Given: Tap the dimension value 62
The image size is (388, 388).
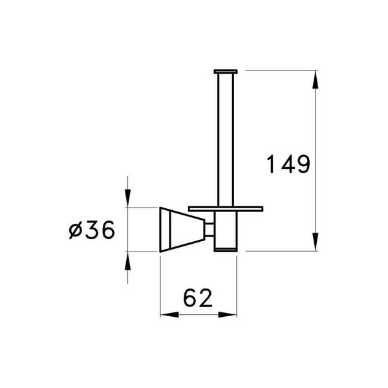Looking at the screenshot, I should click(x=197, y=299).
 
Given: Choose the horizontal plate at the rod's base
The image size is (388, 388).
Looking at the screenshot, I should click(x=226, y=208).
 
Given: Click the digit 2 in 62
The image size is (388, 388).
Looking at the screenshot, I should click(x=206, y=299).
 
